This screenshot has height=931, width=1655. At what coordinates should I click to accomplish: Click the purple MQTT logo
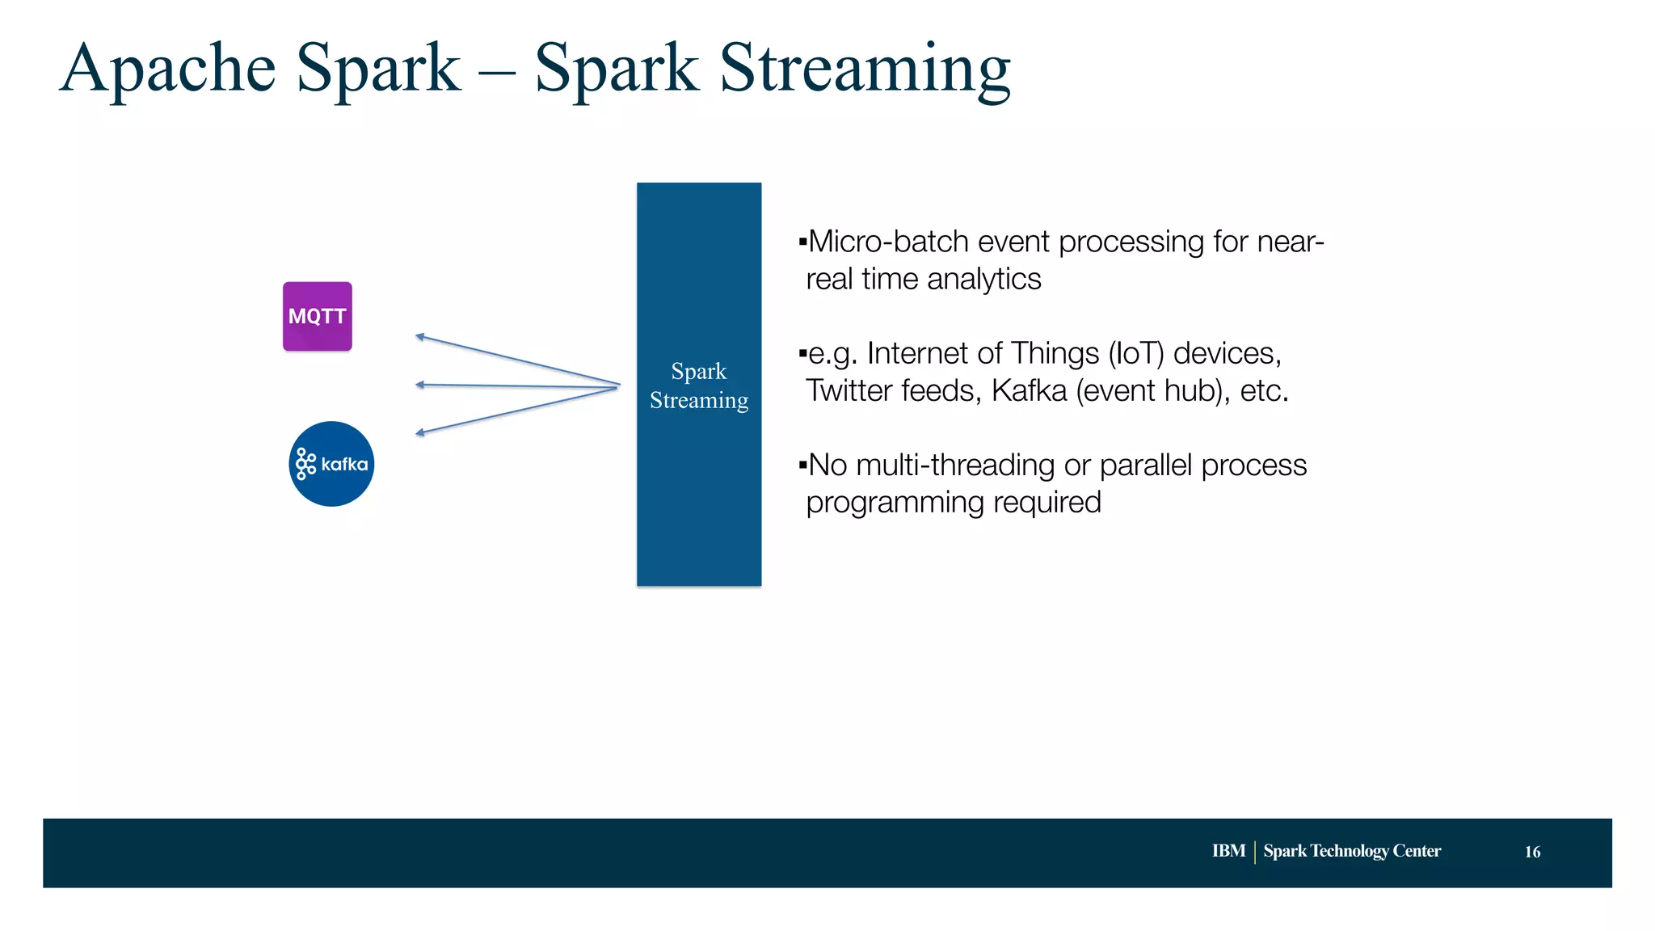(x=317, y=316)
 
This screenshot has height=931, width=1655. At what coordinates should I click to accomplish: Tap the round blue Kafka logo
(x=331, y=464)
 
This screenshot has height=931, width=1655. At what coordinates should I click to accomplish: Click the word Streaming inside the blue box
(x=699, y=401)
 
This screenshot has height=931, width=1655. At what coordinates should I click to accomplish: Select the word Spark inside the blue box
(x=698, y=372)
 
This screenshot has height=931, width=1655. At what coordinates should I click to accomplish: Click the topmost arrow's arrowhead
(x=419, y=336)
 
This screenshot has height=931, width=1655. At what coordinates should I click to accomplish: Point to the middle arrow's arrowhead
(x=419, y=385)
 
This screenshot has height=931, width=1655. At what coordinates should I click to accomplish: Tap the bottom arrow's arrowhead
(x=419, y=434)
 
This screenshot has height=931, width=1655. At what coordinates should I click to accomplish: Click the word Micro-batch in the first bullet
(x=888, y=242)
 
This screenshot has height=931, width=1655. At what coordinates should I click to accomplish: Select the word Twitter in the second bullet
(x=848, y=391)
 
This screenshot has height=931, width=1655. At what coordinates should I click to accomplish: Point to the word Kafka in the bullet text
(x=1029, y=391)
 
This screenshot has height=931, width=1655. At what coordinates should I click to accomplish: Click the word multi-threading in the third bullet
(x=955, y=465)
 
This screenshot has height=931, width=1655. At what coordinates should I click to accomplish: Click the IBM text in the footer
(x=1228, y=851)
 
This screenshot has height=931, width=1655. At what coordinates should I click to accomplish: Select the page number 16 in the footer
(x=1532, y=852)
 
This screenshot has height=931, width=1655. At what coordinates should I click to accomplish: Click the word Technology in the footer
(x=1349, y=851)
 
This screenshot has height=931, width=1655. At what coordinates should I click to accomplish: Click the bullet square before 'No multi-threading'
(x=802, y=465)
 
